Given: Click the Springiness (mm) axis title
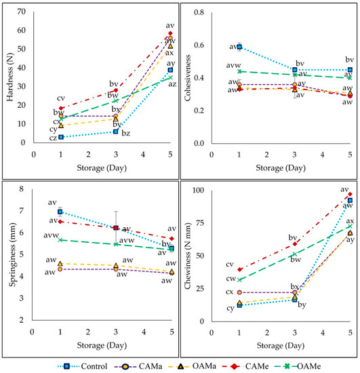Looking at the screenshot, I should tap(8, 261).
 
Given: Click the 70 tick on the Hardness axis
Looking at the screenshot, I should tap(22, 12).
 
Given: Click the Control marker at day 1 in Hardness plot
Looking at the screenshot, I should tap(61, 137).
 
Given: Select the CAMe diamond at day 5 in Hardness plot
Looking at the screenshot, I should tap(170, 33).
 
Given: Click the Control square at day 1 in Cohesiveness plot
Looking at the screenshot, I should tap(239, 47).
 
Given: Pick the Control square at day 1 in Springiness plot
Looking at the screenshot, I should tap(61, 212).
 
